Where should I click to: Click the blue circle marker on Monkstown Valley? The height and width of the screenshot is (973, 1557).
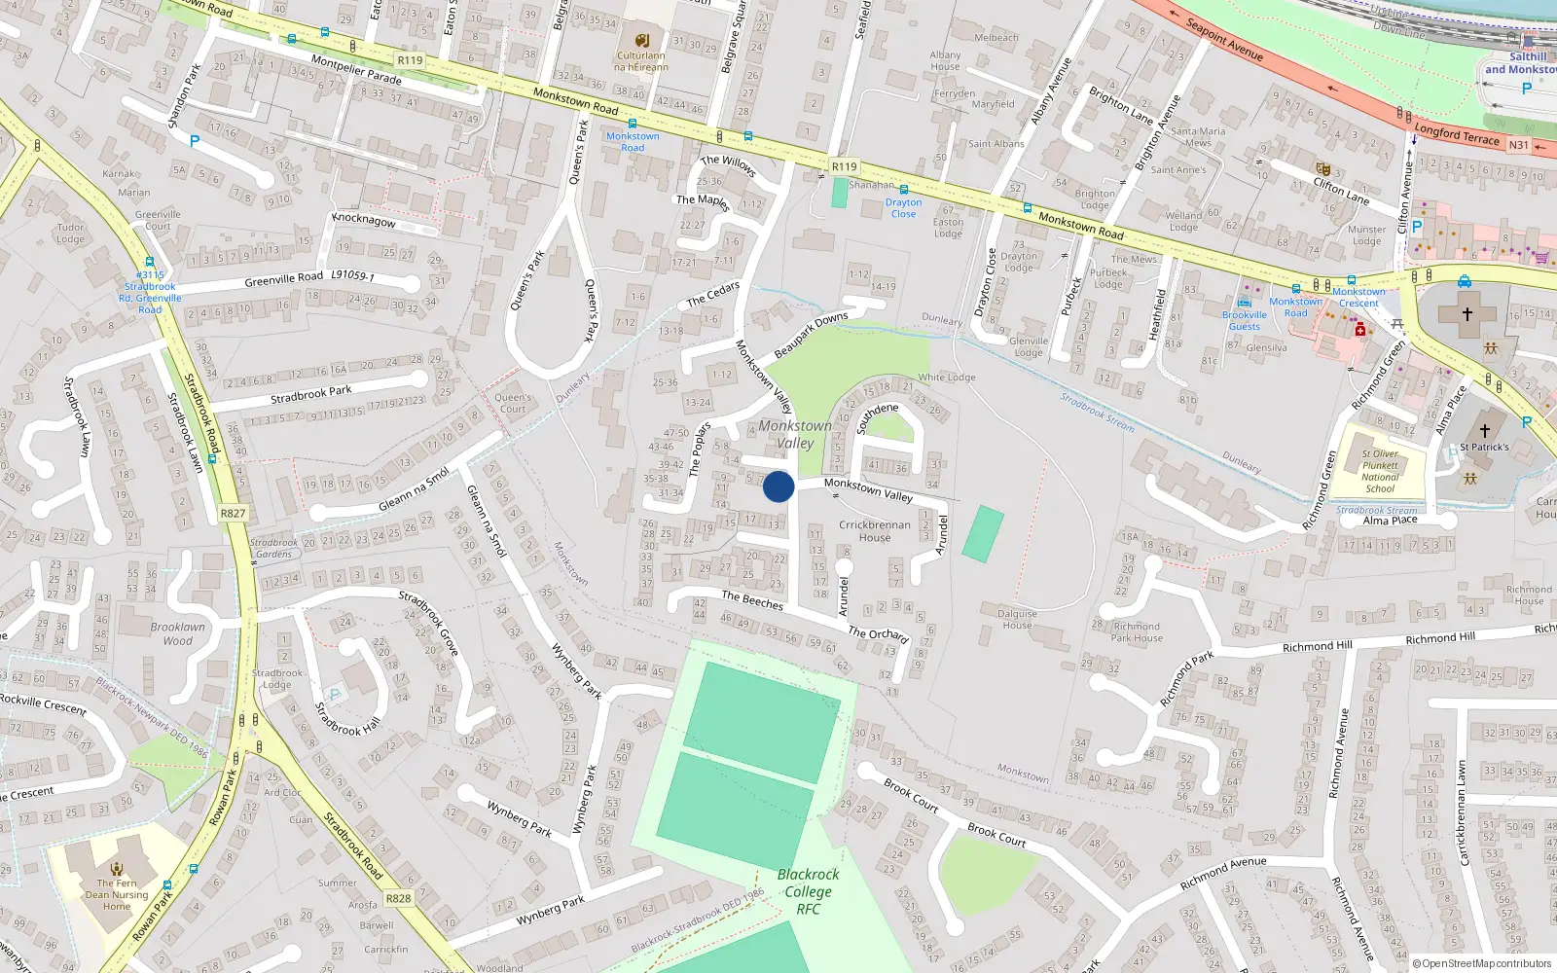[x=778, y=486]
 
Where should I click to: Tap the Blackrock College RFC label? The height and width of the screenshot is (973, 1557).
[x=808, y=891]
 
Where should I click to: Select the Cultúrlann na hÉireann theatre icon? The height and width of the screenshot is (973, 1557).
[x=641, y=40]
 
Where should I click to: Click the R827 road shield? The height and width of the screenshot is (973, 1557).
[x=233, y=514]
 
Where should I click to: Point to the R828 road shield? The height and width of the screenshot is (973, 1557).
[x=398, y=898]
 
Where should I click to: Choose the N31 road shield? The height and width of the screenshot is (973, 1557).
[x=1518, y=145]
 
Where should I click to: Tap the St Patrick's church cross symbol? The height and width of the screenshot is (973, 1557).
[x=1485, y=430]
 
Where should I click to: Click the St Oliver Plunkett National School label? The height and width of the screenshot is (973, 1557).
[x=1380, y=471]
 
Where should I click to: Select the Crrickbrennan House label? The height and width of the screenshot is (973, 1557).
[x=875, y=530]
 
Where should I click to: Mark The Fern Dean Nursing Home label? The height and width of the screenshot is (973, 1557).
[x=117, y=895]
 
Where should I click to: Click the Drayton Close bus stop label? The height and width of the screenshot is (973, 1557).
[x=903, y=208]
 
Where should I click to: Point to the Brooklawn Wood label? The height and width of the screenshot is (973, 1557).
[x=177, y=633]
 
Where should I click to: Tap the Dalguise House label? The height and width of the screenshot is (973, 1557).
[x=1017, y=619]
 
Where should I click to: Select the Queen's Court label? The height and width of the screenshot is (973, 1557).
[x=513, y=403]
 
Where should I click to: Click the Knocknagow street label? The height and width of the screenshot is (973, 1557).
[x=364, y=219]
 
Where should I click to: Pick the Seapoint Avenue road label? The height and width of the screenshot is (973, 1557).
[x=1224, y=40]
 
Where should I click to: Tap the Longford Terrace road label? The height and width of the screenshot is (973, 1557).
[x=1457, y=133]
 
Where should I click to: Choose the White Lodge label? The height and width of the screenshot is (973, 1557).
[x=946, y=378]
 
